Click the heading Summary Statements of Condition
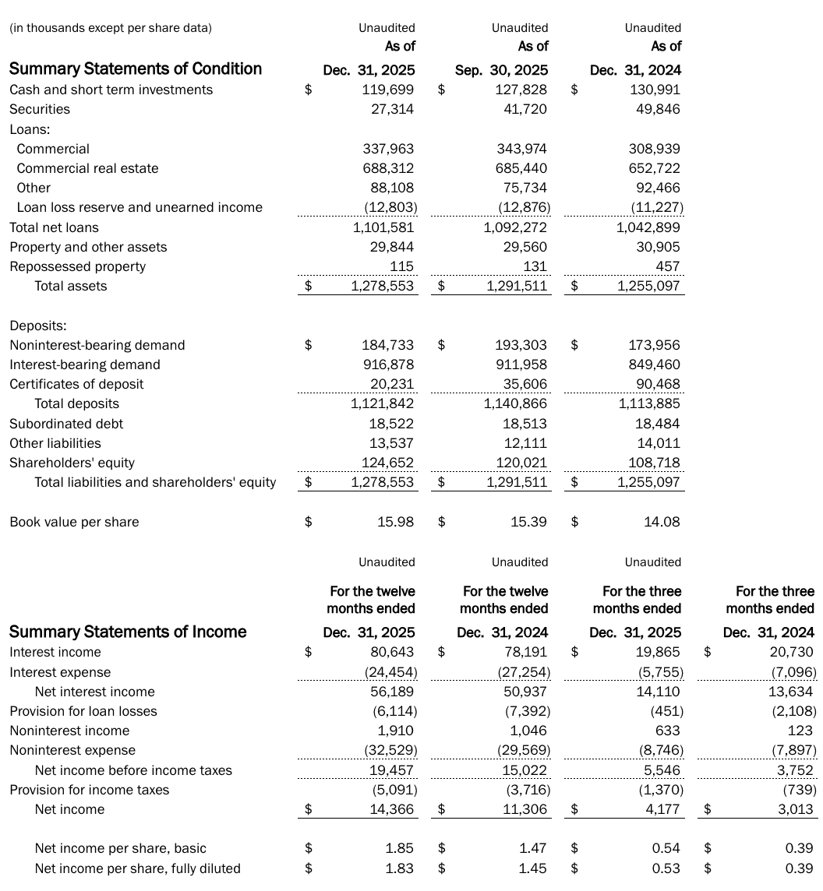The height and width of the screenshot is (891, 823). [x=136, y=69]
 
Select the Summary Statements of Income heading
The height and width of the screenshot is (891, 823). [x=128, y=632]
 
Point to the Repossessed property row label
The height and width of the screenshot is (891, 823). [x=77, y=266]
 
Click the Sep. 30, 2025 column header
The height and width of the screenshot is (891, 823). [x=501, y=70]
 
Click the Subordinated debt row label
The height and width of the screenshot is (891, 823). [x=66, y=424]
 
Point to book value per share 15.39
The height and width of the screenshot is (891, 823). [x=528, y=522]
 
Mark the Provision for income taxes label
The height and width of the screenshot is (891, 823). [x=89, y=790]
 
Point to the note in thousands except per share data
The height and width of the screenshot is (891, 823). [x=111, y=28]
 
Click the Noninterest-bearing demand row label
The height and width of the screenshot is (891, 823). [x=97, y=345]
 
